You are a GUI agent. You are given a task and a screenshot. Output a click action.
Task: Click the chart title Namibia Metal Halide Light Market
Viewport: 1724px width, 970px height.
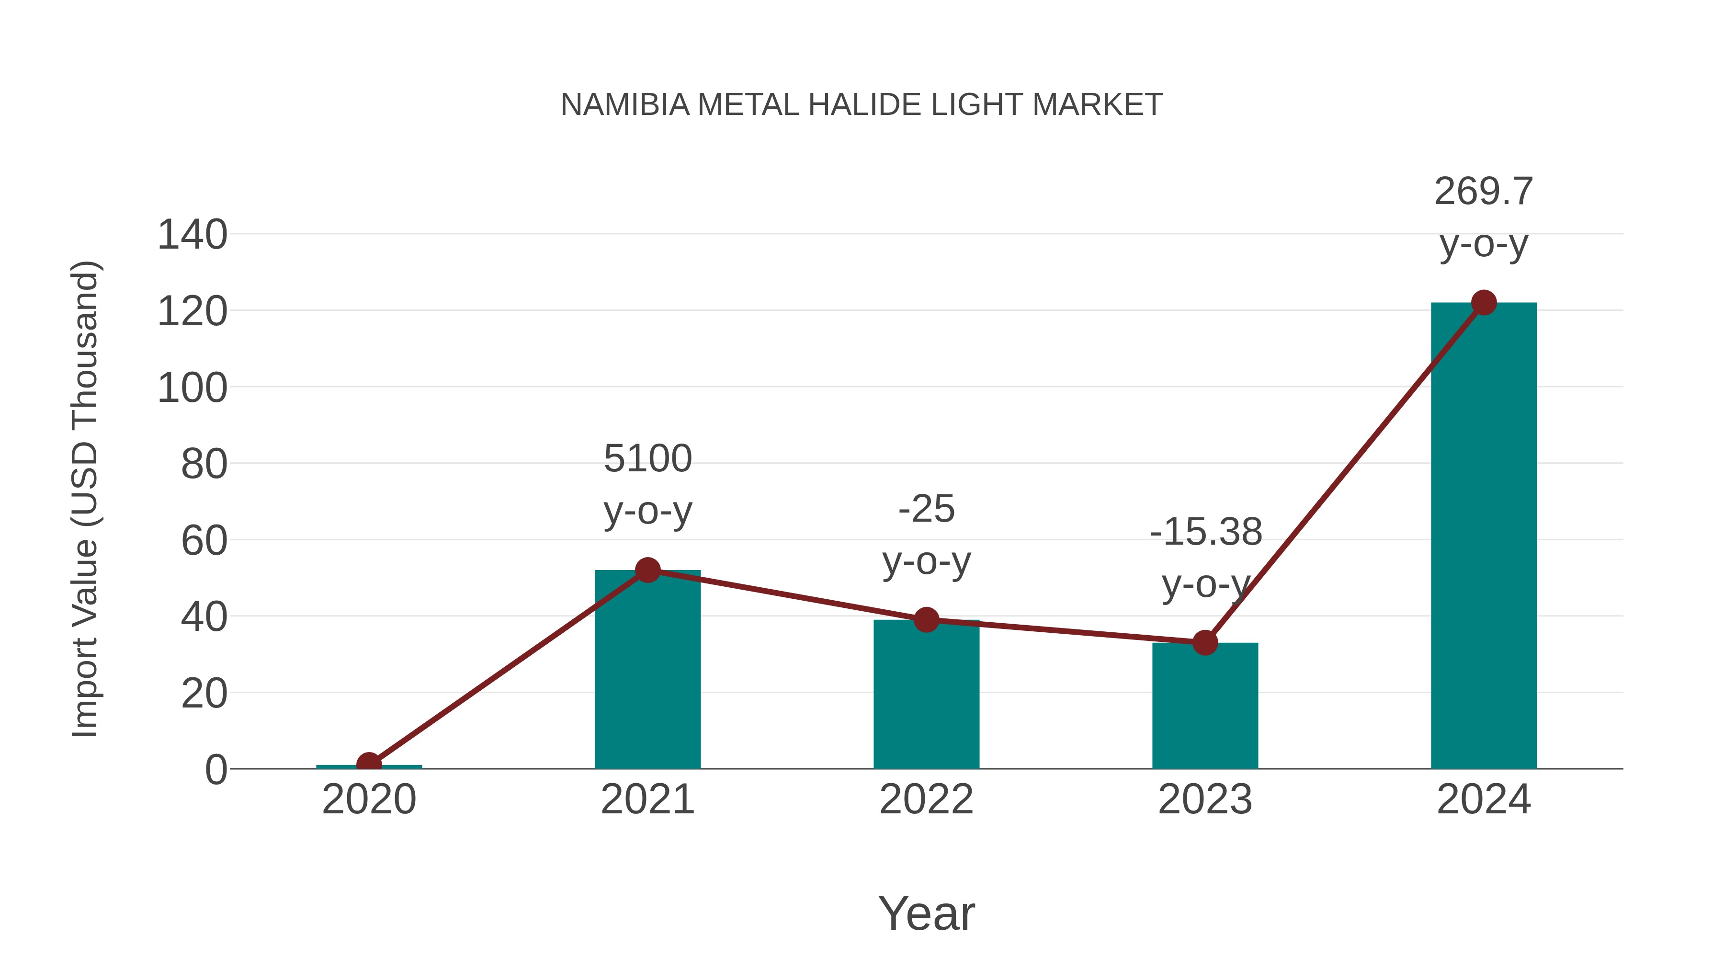click(862, 105)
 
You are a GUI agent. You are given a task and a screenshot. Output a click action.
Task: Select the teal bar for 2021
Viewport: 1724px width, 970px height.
click(647, 670)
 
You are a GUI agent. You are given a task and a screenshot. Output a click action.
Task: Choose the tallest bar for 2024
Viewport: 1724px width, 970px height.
click(1484, 536)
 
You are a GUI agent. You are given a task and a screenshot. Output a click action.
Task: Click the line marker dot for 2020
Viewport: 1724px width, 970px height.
click(369, 764)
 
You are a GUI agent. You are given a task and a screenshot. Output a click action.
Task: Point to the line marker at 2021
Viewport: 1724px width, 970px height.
click(647, 571)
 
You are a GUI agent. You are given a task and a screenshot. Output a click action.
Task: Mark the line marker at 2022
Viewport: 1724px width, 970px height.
click(926, 620)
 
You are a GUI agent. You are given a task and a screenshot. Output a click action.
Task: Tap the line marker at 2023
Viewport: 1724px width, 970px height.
click(1205, 643)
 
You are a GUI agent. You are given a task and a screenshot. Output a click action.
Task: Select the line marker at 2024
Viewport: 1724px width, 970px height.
click(1484, 303)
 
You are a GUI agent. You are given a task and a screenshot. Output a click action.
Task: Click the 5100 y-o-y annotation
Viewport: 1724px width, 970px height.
click(647, 485)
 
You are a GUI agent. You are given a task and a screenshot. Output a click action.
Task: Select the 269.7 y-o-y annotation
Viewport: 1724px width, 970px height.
click(1484, 217)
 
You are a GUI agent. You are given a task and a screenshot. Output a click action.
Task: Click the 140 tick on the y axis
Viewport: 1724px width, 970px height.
click(192, 235)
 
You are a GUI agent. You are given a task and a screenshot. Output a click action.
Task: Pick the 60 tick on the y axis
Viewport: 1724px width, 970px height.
click(204, 541)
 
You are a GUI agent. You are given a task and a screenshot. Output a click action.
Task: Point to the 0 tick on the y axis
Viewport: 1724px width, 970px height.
click(215, 770)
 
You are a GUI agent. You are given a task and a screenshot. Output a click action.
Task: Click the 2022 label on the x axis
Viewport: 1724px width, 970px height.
click(926, 799)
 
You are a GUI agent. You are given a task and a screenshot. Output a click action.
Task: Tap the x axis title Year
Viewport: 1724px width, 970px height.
click(926, 913)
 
